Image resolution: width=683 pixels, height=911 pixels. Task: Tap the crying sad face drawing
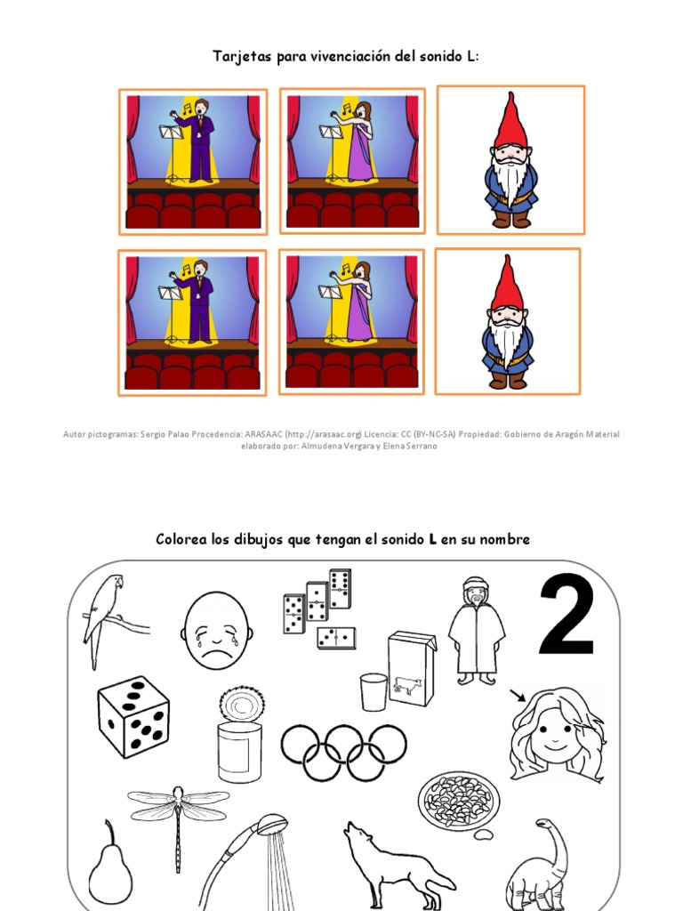[217, 630]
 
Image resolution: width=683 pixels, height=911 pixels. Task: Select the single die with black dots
[133, 717]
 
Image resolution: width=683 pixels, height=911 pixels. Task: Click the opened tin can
[240, 734]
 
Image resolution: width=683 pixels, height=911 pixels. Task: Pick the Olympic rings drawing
[343, 753]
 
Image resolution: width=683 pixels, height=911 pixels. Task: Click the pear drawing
[110, 867]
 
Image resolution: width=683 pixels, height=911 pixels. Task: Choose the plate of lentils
[458, 802]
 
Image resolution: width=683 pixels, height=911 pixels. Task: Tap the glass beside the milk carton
[374, 691]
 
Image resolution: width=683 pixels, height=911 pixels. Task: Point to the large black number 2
[566, 617]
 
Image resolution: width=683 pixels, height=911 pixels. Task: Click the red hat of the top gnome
[510, 121]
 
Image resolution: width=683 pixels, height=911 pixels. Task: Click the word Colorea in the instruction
[181, 539]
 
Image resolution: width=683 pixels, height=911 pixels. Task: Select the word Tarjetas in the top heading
[240, 57]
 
